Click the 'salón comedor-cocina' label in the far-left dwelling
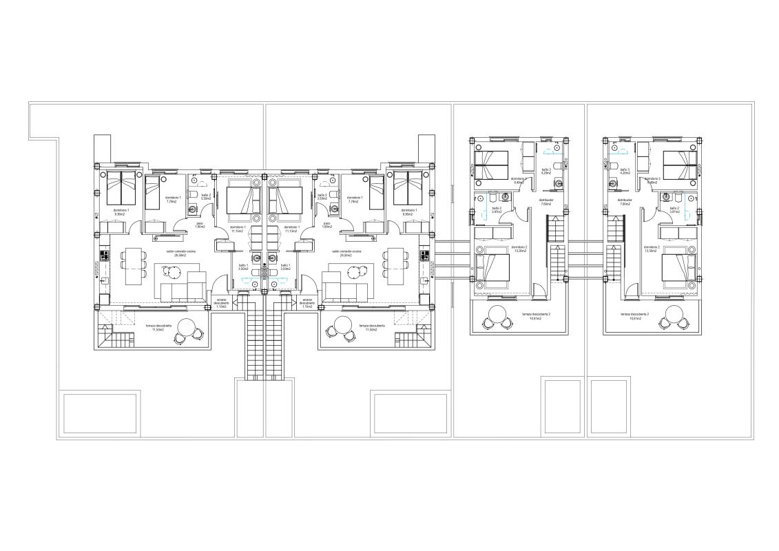[169, 253]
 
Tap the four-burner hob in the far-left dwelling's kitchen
[105, 256]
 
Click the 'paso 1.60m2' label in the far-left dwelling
[200, 225]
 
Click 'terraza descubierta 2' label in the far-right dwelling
[634, 315]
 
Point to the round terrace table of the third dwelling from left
[497, 319]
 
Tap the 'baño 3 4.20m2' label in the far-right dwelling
[625, 171]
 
